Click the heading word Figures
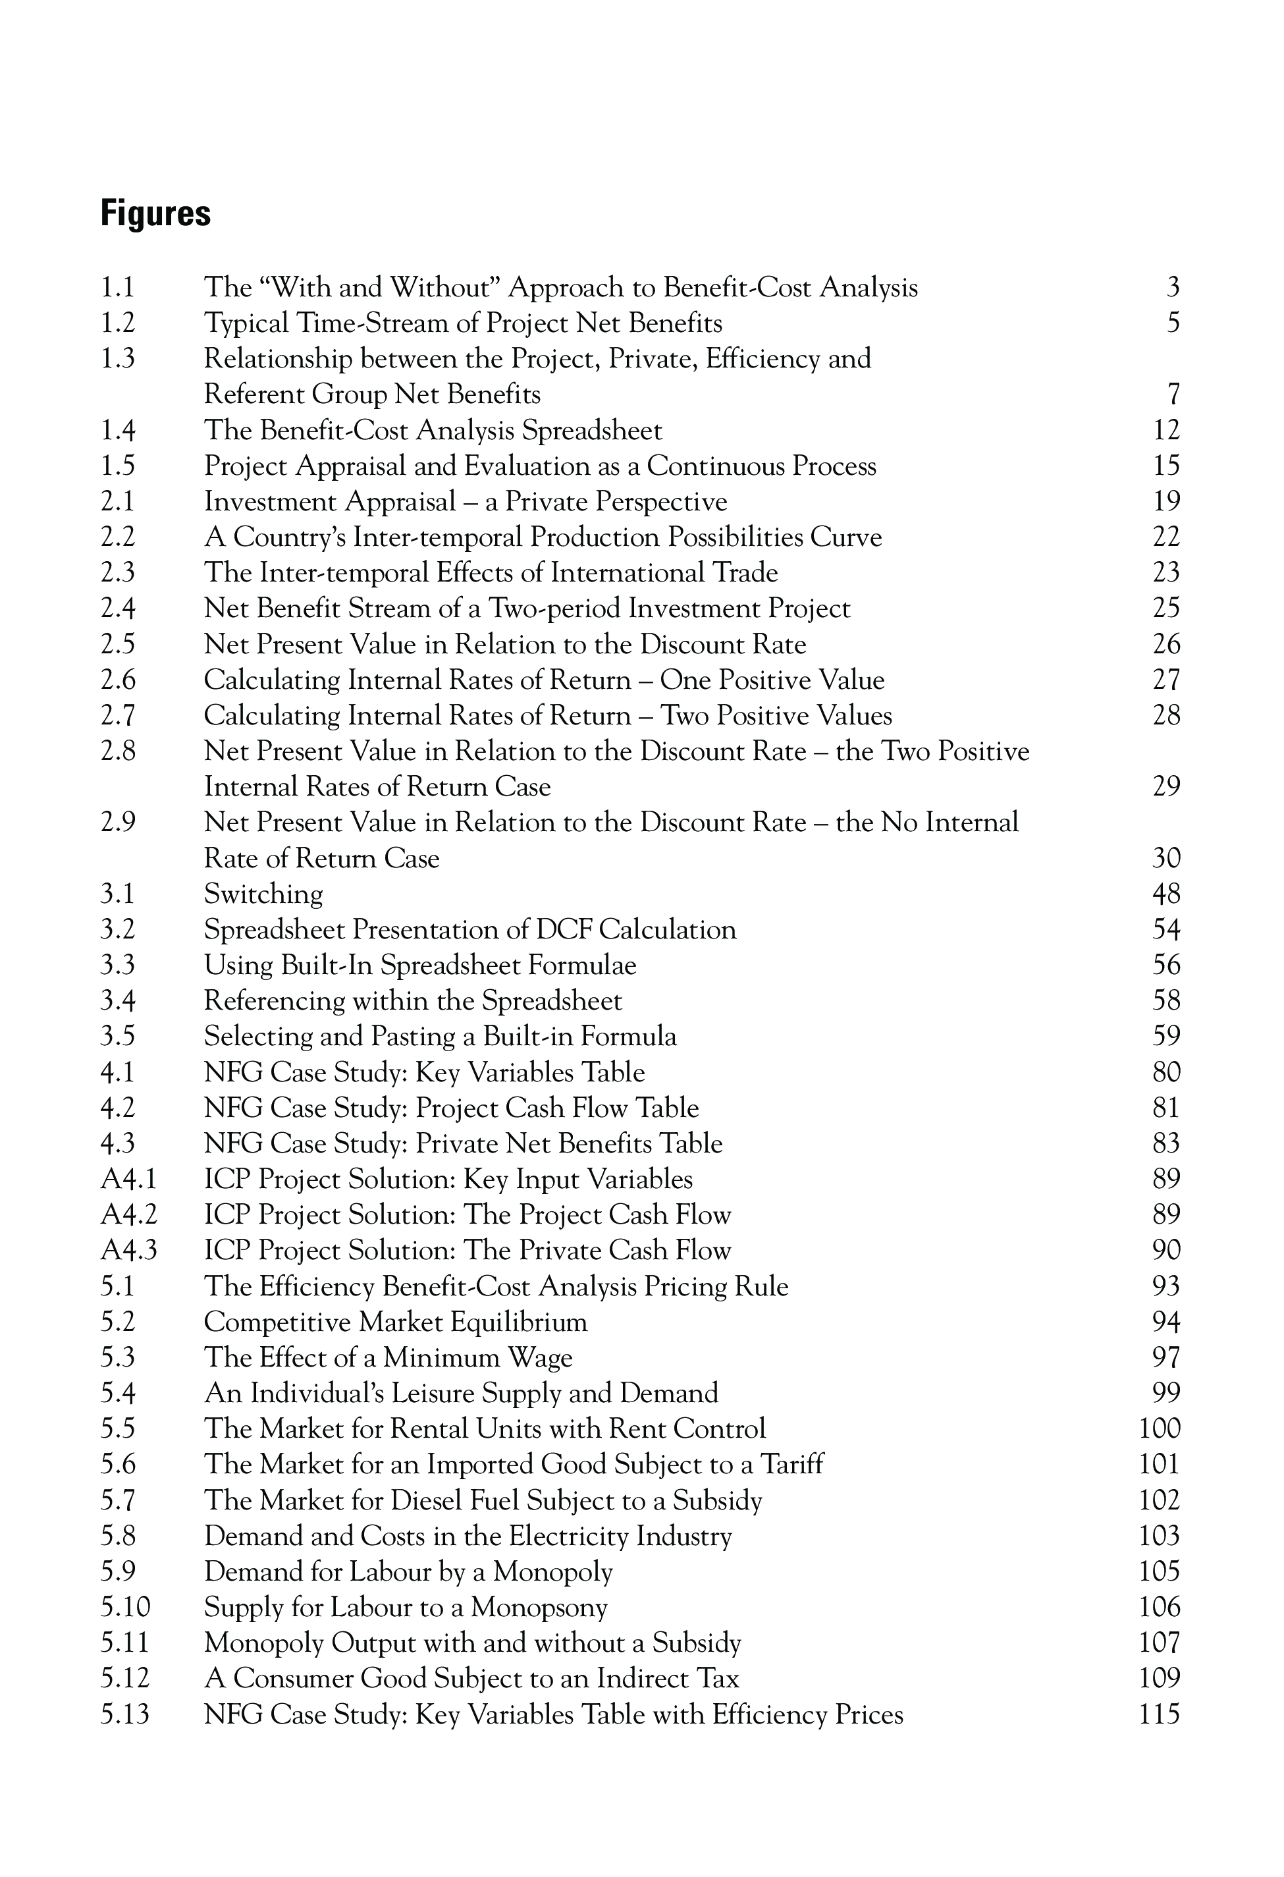[x=156, y=214]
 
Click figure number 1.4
[x=118, y=431]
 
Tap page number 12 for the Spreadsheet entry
[x=1166, y=431]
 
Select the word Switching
[x=263, y=894]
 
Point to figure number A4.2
[x=128, y=1214]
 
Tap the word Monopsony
[x=539, y=1607]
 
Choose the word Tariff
[x=792, y=1464]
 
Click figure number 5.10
[x=125, y=1607]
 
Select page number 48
[x=1166, y=894]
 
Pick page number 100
[x=1160, y=1428]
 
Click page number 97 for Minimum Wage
[x=1166, y=1357]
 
